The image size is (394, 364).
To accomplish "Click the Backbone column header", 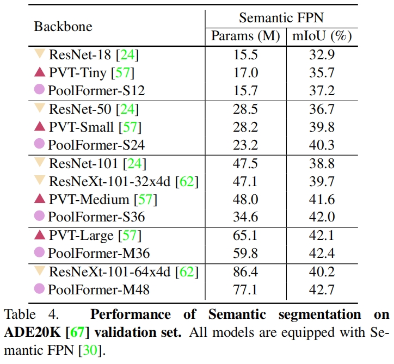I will coord(63,26).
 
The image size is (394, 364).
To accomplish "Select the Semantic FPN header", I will coord(281,17).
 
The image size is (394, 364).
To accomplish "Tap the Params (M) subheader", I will coord(245,36).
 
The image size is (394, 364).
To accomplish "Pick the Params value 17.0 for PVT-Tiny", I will coord(245,72).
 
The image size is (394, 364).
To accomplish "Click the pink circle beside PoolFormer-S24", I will coord(39,144).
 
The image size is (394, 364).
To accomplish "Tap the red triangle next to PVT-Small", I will coord(39,126).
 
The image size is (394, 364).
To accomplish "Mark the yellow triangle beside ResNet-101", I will coord(39,162).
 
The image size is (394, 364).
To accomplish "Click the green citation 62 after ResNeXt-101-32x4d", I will coord(187,181).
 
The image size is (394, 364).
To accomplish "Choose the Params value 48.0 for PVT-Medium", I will coord(245,199).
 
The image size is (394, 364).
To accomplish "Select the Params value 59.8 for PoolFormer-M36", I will coord(245,253).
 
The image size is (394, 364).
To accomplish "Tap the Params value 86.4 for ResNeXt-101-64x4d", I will coord(245,272).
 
